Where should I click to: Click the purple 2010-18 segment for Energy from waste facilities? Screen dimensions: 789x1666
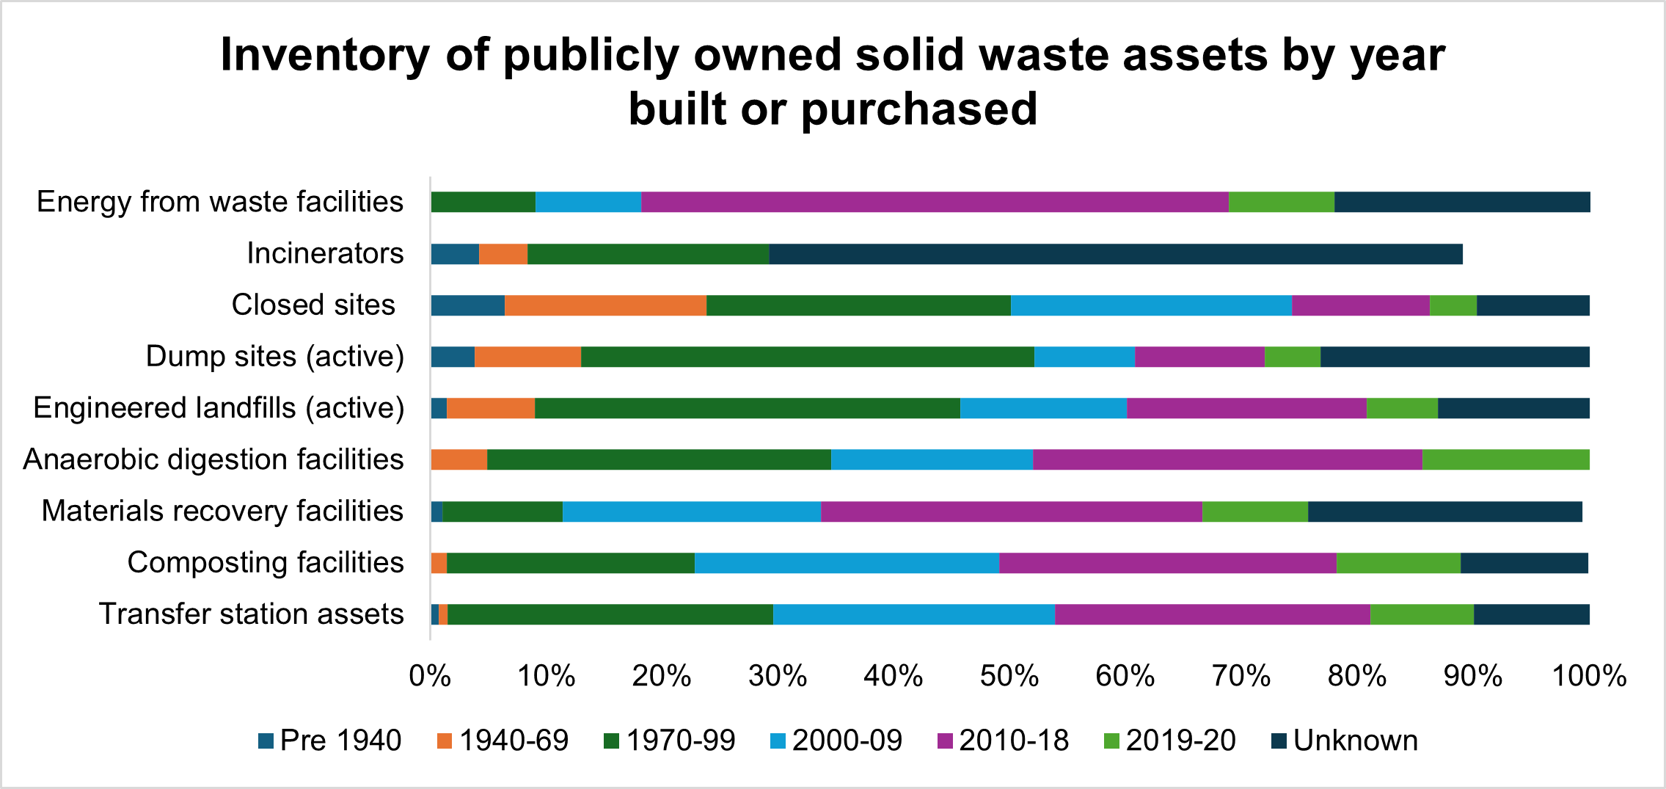coord(935,202)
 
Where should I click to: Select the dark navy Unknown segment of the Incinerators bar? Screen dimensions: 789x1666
coord(1115,254)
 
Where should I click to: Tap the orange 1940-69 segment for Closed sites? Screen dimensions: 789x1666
coord(605,305)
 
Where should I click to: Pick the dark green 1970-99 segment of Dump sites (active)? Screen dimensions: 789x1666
coord(807,357)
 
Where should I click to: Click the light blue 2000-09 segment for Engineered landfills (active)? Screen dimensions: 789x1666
coord(1043,408)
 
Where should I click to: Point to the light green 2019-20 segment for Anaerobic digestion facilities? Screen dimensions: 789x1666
coord(1505,459)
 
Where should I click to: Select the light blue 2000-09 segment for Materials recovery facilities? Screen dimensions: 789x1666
coord(691,512)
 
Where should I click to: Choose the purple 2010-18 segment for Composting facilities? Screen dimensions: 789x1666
coord(1167,563)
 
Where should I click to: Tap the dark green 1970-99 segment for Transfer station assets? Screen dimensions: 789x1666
coord(610,614)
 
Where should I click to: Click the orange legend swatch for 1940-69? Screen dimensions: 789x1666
coord(445,741)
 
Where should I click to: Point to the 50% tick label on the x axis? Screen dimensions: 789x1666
coord(1009,676)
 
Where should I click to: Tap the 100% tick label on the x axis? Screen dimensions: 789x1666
coord(1589,676)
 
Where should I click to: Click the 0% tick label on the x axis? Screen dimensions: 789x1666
coord(430,676)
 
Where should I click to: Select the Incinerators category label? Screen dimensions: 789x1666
coord(325,253)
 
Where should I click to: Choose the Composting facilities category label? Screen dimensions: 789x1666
coord(266,562)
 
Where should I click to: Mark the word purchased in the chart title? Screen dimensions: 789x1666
coord(918,109)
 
